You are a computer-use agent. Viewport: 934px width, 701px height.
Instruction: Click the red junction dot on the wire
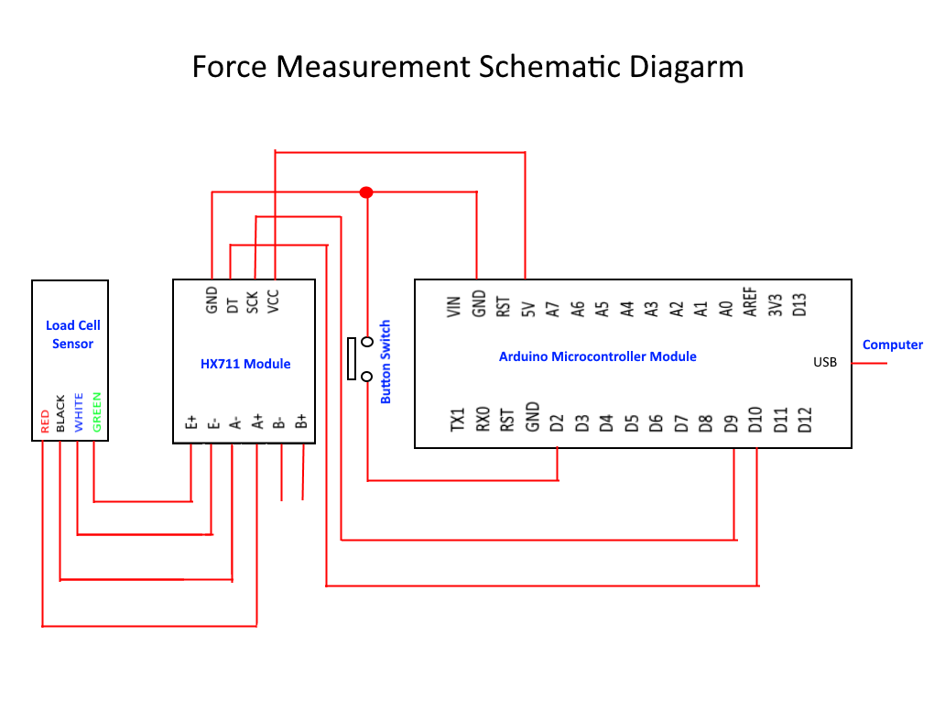tap(366, 192)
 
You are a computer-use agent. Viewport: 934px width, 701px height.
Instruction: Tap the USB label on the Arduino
tap(825, 362)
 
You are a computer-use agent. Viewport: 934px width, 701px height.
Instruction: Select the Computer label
tap(893, 345)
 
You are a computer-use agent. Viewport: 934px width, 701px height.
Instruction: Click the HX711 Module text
tap(245, 364)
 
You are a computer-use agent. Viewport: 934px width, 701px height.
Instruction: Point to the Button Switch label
tap(386, 362)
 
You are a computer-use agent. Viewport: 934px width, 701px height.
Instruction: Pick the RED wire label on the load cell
tap(44, 421)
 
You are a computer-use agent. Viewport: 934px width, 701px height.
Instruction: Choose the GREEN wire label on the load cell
tap(97, 413)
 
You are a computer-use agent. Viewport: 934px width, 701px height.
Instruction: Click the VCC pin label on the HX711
tap(273, 301)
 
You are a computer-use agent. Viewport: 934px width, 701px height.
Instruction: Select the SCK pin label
tap(252, 302)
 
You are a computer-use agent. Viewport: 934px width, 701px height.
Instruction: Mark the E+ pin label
tap(191, 422)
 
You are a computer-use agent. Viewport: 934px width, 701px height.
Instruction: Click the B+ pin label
tap(300, 422)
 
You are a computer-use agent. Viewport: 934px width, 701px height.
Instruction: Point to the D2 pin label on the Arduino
tap(557, 423)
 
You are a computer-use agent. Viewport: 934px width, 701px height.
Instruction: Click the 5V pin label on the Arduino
tap(527, 309)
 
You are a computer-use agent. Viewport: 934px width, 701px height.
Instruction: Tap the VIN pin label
tap(452, 305)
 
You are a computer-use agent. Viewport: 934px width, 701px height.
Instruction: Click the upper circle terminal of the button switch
tap(367, 342)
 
